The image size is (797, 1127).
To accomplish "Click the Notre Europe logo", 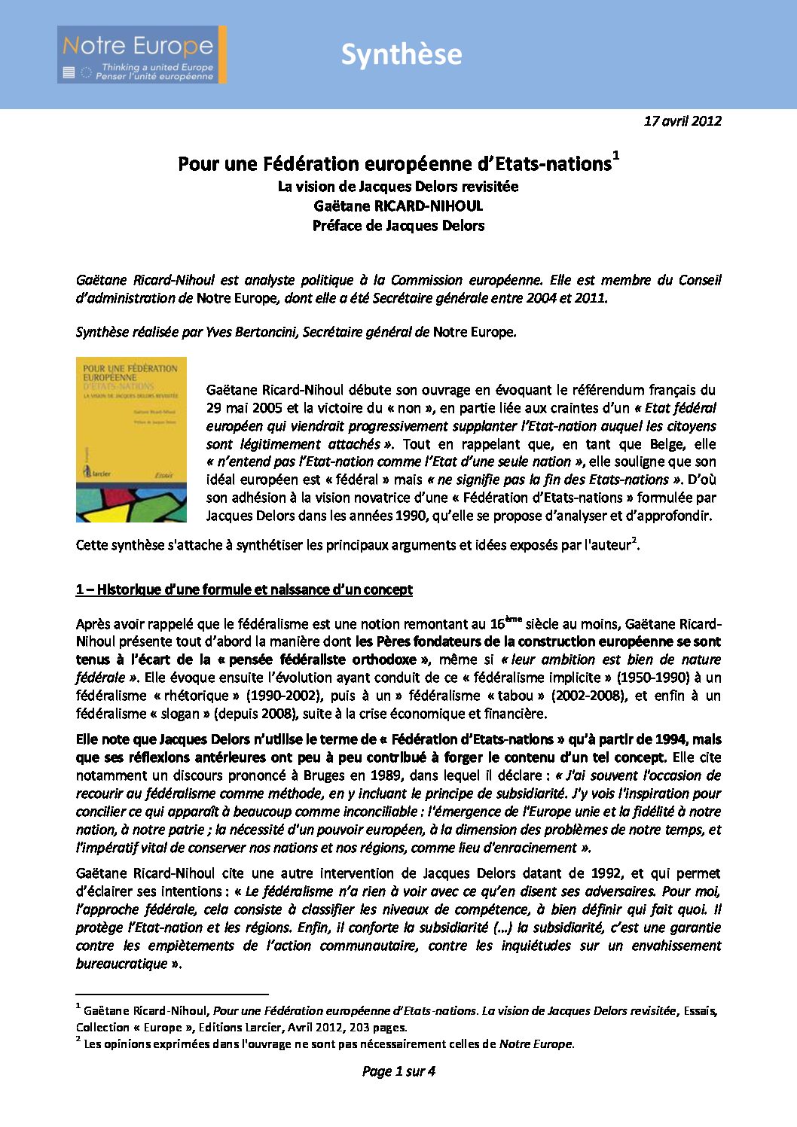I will (x=141, y=54).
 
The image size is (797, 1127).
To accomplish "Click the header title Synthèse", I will (x=401, y=54).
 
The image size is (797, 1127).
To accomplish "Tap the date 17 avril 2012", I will (x=682, y=120).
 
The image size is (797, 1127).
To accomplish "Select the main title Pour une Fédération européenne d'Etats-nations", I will (x=394, y=163).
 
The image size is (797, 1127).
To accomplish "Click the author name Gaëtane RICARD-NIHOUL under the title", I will (x=398, y=206).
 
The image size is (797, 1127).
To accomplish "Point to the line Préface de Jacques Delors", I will (x=398, y=225).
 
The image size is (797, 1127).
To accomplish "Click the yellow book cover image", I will (x=131, y=439).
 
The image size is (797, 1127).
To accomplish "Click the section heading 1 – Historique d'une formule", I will (x=244, y=589).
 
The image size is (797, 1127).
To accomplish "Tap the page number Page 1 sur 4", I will (x=398, y=1071).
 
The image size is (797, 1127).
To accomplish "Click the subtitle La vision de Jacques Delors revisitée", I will (x=398, y=186).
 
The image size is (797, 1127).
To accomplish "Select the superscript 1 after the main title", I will (x=615, y=156).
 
